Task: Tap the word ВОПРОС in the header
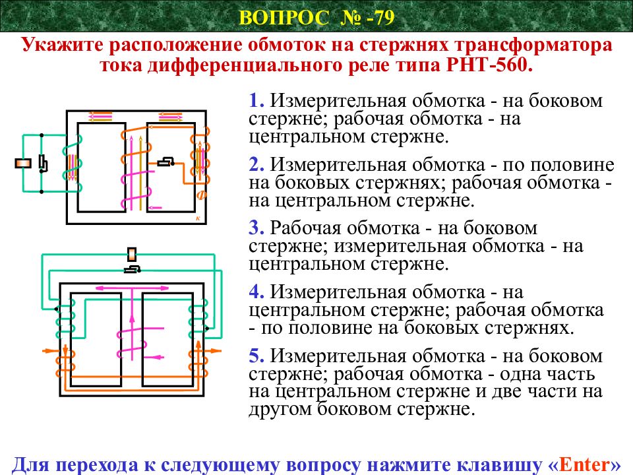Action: coord(284,18)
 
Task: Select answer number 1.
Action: coord(256,100)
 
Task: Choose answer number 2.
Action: coord(256,165)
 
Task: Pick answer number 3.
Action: coord(256,228)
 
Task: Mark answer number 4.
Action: coord(256,292)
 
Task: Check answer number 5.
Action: coord(256,356)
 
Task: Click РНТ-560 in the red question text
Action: coord(489,65)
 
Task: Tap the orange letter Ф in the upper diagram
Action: coord(202,195)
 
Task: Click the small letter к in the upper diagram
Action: coord(198,218)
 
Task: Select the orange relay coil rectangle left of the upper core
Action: coord(23,163)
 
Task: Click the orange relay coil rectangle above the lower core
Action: coord(132,255)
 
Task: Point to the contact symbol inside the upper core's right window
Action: coord(166,162)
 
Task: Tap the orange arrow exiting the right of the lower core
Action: coord(212,350)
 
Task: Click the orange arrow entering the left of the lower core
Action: coord(52,350)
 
